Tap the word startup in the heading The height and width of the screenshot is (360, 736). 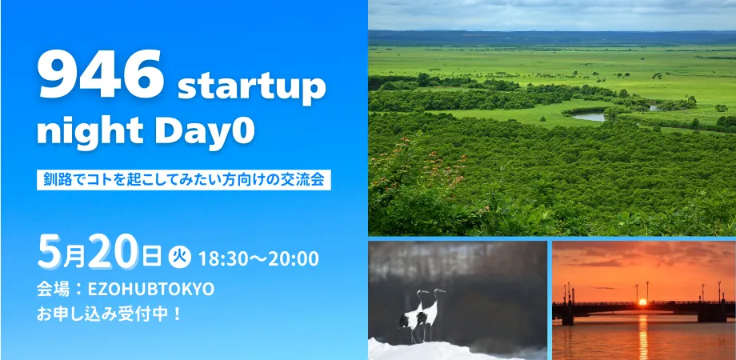pos(251,87)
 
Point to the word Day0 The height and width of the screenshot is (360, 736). pos(202,130)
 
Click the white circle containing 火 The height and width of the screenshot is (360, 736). pos(178,258)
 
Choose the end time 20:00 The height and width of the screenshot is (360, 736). pos(294,259)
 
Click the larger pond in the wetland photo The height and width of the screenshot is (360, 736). pos(590,117)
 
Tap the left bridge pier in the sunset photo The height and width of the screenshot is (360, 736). pos(567,314)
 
